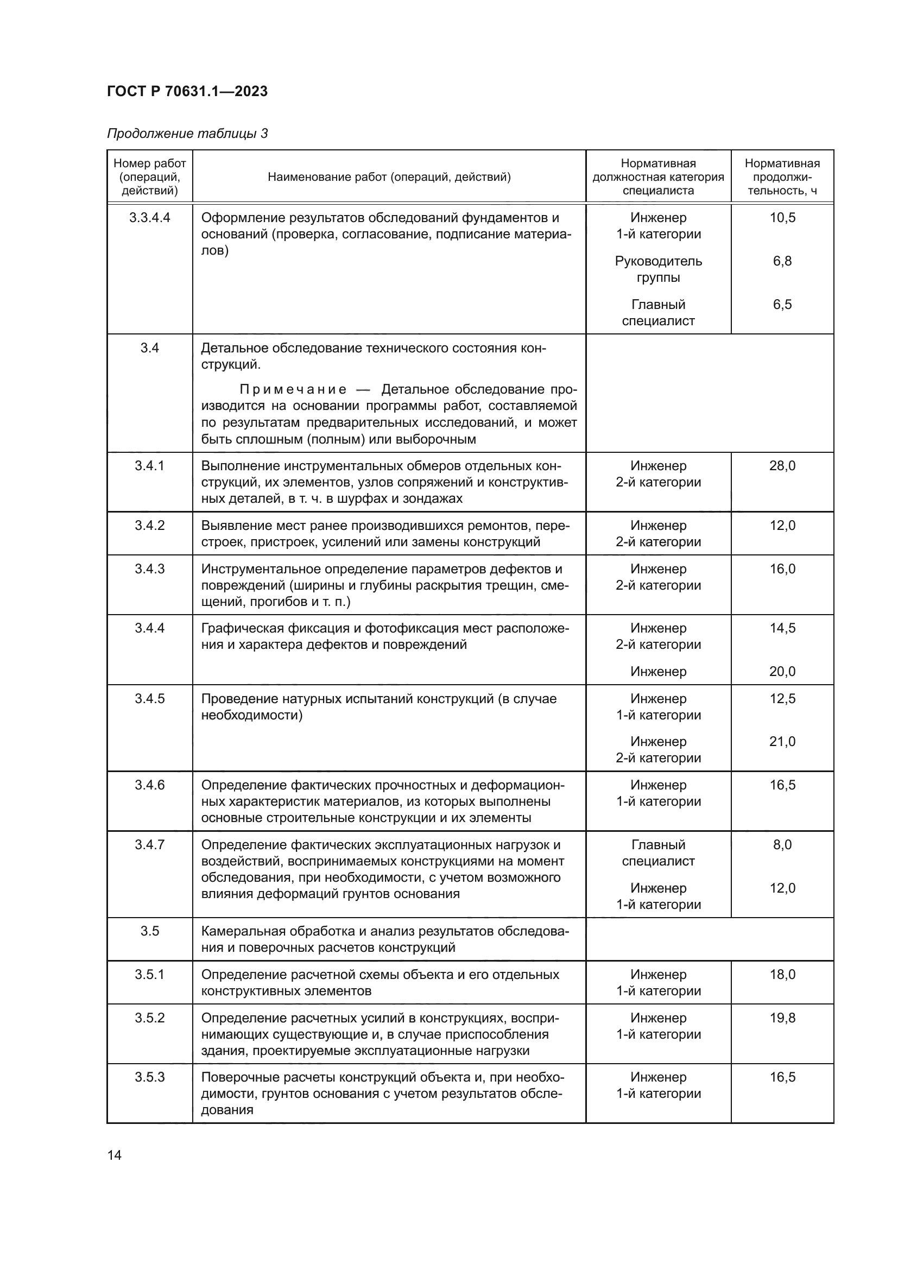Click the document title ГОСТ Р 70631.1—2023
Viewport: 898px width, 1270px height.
pyautogui.click(x=187, y=91)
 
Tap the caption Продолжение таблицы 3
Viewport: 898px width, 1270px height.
pyautogui.click(x=187, y=134)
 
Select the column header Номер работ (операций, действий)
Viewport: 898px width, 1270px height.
pyautogui.click(x=149, y=177)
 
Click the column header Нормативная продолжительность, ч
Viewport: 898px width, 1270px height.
pyautogui.click(x=782, y=177)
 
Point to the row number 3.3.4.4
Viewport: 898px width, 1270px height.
pyautogui.click(x=149, y=218)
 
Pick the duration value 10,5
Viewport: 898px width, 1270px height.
pyautogui.click(x=782, y=218)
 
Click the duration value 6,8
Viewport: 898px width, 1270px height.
pyautogui.click(x=782, y=261)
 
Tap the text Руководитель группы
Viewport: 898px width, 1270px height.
pyautogui.click(x=658, y=269)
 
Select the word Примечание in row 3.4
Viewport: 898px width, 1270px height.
pyautogui.click(x=293, y=390)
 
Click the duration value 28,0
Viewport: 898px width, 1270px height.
pyautogui.click(x=782, y=466)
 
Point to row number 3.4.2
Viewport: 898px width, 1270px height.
pyautogui.click(x=149, y=526)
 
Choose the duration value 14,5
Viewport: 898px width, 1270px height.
pyautogui.click(x=782, y=628)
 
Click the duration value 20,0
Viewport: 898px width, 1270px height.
pyautogui.click(x=782, y=672)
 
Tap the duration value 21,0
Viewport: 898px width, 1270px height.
pyautogui.click(x=782, y=742)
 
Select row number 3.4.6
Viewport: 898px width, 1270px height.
pyautogui.click(x=149, y=786)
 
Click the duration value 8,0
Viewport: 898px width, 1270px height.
pyautogui.click(x=782, y=845)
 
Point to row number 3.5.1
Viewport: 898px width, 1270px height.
pyautogui.click(x=149, y=975)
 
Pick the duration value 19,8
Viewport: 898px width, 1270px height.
pyautogui.click(x=782, y=1018)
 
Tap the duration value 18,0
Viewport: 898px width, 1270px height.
pyautogui.click(x=782, y=975)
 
